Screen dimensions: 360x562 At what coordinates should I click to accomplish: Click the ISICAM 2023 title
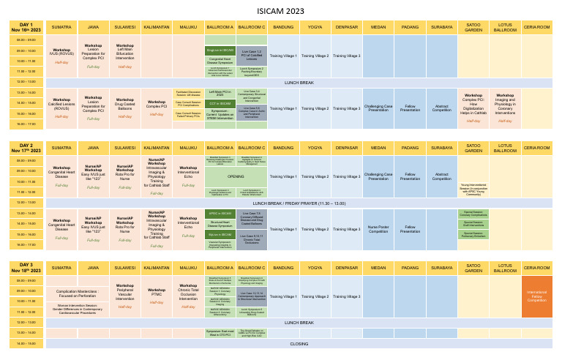coord(280,12)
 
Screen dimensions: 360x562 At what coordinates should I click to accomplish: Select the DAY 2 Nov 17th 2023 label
coord(27,148)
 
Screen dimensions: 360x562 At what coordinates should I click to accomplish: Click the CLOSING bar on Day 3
coord(299,343)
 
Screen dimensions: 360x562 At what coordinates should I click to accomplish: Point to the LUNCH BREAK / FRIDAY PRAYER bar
coord(299,203)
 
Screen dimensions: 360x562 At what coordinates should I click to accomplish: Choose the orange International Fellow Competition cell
coord(536,296)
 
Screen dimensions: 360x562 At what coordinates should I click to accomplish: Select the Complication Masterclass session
coord(77,293)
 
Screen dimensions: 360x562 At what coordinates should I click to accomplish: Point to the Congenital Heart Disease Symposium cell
coord(220,61)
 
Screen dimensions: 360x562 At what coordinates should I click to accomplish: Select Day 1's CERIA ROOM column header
coord(536,27)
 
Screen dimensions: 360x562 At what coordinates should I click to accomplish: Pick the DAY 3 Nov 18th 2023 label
coord(27,268)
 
